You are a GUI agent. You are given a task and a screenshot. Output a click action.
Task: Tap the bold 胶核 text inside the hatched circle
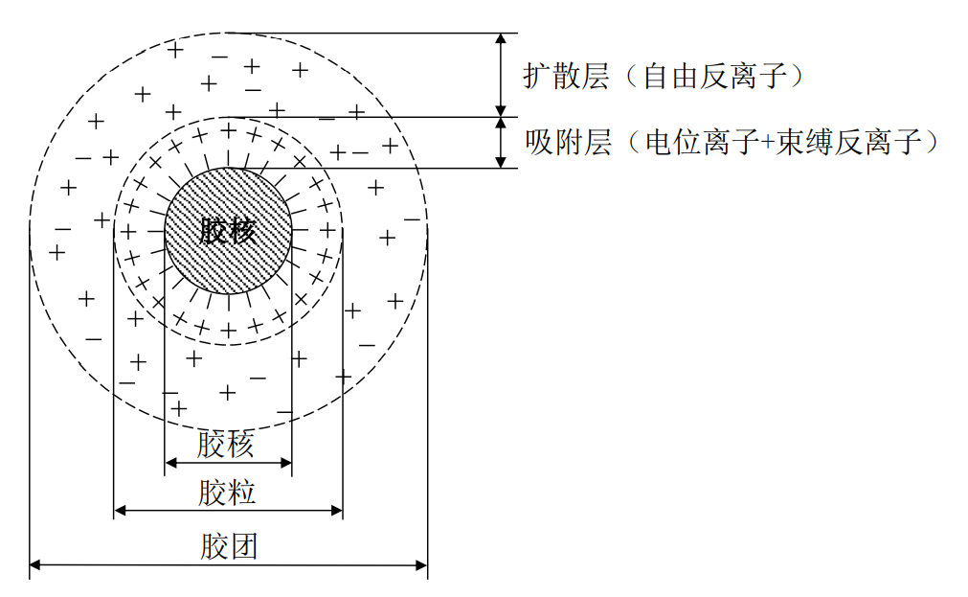click(228, 231)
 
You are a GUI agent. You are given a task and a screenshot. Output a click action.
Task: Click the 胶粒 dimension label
click(227, 494)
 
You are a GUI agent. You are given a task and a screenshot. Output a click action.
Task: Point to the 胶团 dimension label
click(229, 547)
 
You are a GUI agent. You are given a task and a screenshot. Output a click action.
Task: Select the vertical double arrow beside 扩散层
click(500, 75)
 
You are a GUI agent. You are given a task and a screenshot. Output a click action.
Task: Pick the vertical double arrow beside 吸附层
click(500, 143)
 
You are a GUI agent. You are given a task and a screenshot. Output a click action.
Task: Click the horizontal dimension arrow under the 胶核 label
click(228, 463)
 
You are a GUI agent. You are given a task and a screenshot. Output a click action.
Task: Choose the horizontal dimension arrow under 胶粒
click(228, 511)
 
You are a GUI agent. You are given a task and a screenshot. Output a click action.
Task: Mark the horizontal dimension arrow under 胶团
click(228, 565)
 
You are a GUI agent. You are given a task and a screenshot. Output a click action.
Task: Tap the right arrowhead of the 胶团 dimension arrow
click(421, 565)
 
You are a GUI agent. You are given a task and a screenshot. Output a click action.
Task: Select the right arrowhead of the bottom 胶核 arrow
click(285, 463)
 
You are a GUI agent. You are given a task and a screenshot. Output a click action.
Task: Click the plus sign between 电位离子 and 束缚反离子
click(775, 145)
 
